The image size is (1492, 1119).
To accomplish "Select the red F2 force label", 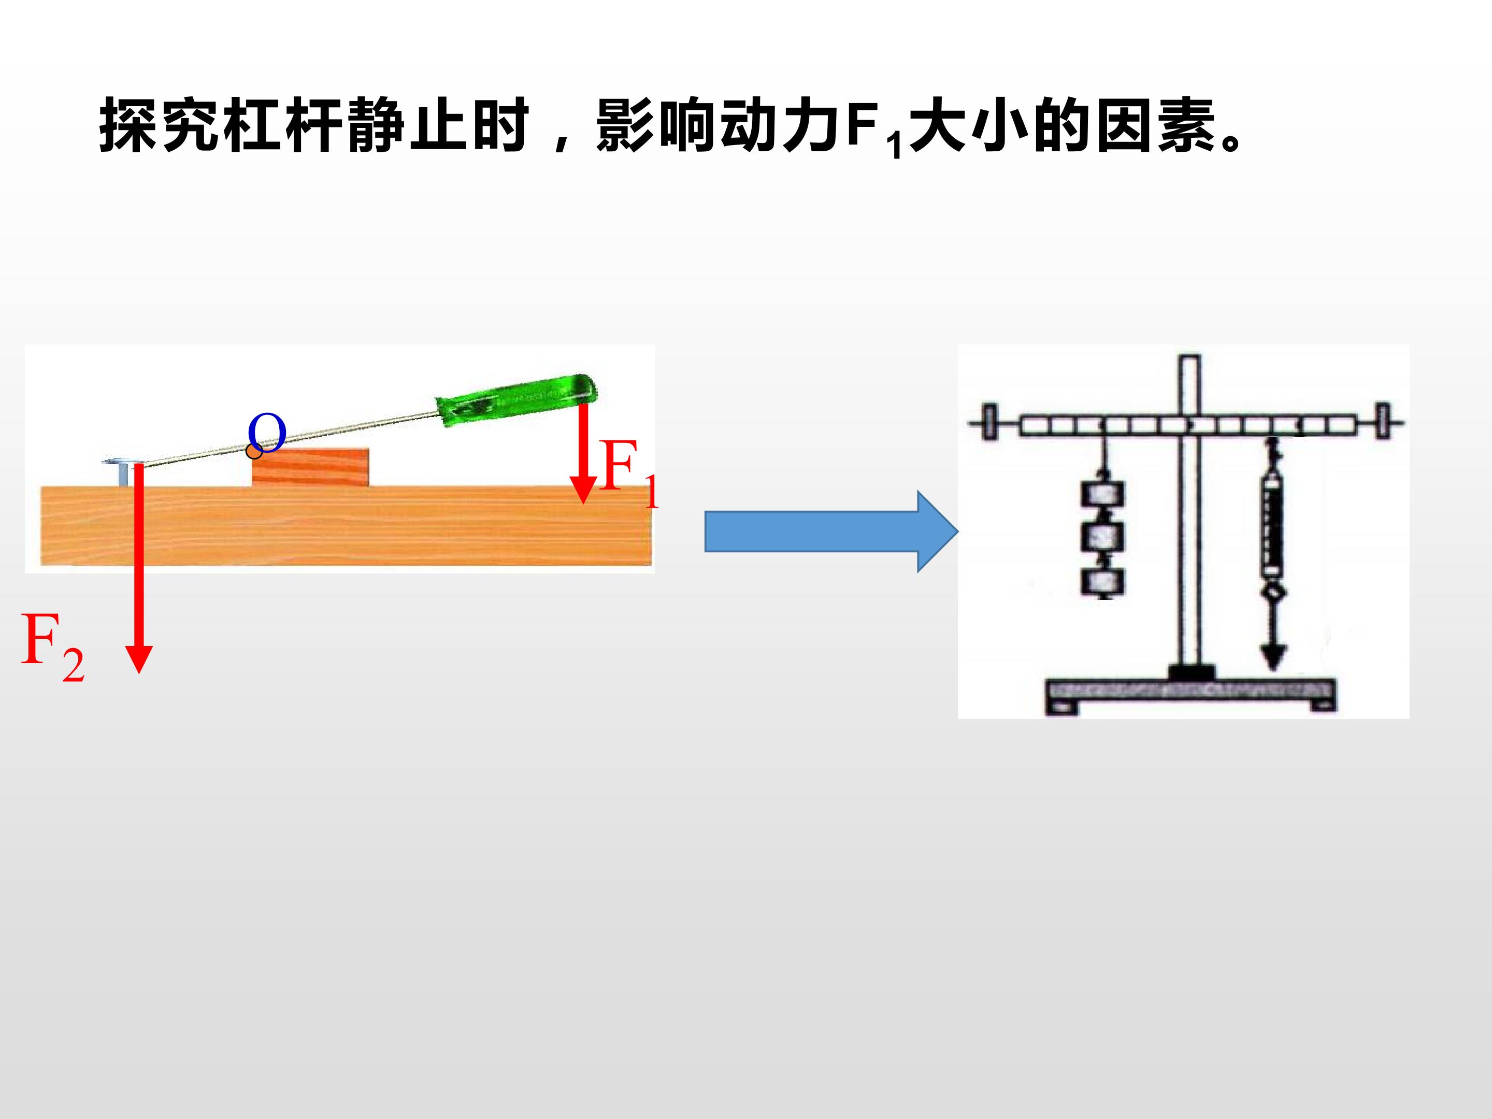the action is [x=53, y=648].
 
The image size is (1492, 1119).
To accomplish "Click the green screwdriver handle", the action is [x=517, y=399].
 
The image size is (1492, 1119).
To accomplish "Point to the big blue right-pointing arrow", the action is [x=831, y=532].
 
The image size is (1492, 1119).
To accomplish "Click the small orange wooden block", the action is [x=310, y=467].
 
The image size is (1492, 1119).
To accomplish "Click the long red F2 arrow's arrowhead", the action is [x=139, y=659].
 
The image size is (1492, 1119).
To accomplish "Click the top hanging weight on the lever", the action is [x=1103, y=494].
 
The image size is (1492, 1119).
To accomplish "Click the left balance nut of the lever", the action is [x=990, y=423].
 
